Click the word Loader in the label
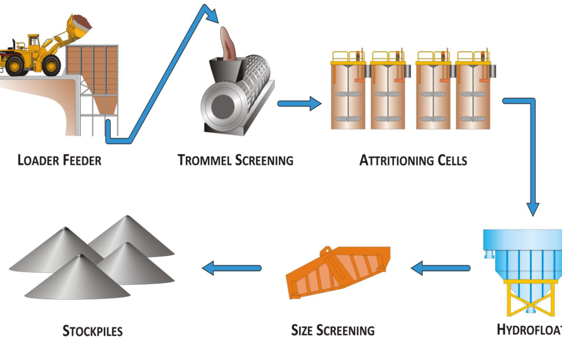click(x=37, y=160)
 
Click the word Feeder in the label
click(x=80, y=160)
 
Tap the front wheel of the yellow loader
click(x=51, y=65)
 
